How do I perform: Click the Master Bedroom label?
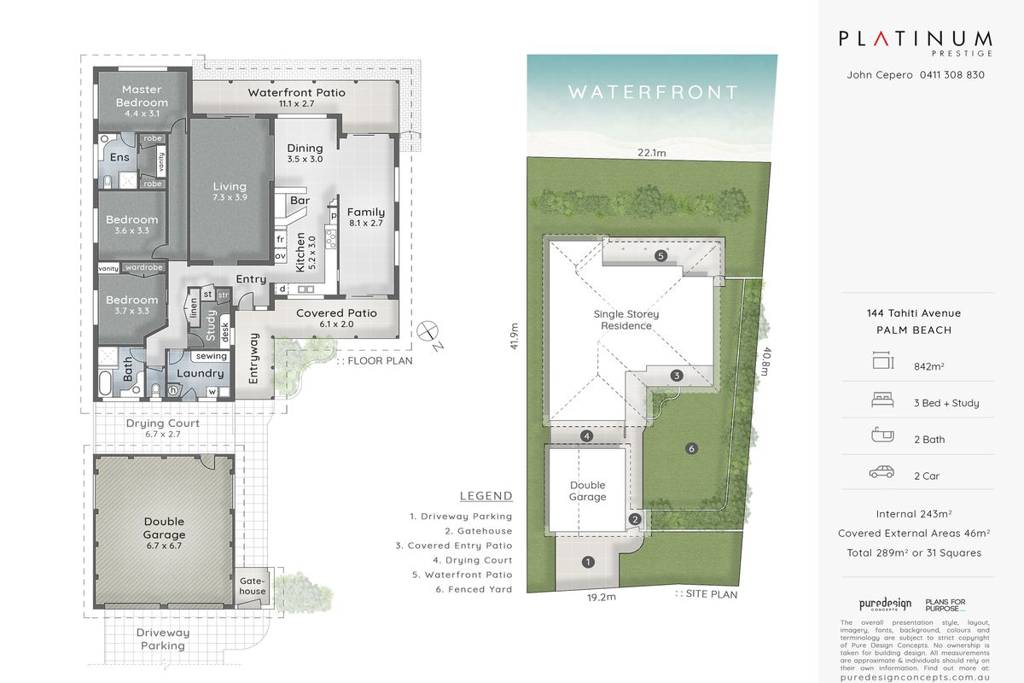point(142,96)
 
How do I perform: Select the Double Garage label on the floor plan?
point(164,528)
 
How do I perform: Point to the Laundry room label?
point(200,373)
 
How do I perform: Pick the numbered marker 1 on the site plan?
point(588,562)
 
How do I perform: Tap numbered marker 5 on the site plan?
point(660,255)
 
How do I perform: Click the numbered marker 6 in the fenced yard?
point(692,448)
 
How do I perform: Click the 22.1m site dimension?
point(650,154)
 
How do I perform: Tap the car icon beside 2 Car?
point(881,471)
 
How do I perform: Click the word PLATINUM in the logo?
point(915,38)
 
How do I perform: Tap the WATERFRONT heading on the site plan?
point(653,91)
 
